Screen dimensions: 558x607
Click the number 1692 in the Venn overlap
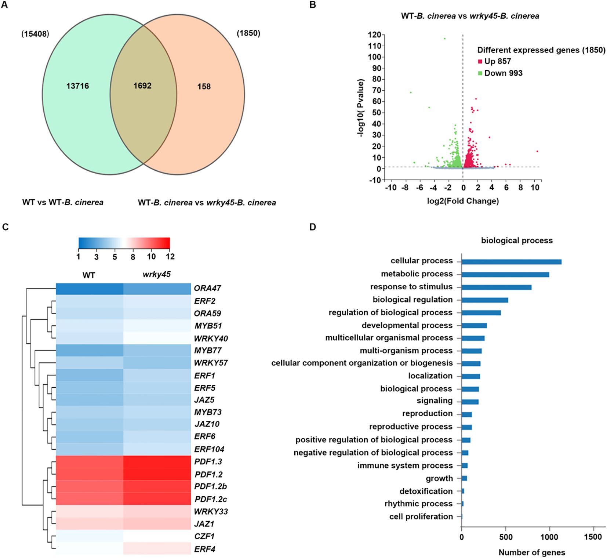point(142,86)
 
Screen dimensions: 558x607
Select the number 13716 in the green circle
point(77,86)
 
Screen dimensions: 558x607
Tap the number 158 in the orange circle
point(204,87)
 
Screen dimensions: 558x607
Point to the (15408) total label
point(35,34)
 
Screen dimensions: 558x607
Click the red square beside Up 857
point(480,62)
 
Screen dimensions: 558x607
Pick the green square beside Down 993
point(480,73)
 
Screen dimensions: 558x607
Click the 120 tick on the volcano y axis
point(374,35)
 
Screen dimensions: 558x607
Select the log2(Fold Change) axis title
point(463,201)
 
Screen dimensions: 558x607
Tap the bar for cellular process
point(511,262)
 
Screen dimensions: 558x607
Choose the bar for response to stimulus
point(496,287)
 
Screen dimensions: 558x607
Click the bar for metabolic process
point(505,275)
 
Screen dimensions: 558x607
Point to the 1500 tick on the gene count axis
point(593,537)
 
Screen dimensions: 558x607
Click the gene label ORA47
point(207,289)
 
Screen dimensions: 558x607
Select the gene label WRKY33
point(211,511)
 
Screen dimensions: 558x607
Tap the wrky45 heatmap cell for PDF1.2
point(157,474)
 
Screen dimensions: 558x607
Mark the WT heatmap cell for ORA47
point(90,289)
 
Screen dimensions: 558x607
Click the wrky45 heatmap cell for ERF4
point(157,548)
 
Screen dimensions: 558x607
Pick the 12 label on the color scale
point(170,257)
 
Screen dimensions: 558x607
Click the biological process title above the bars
point(517,240)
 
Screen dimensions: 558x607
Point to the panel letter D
point(313,227)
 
